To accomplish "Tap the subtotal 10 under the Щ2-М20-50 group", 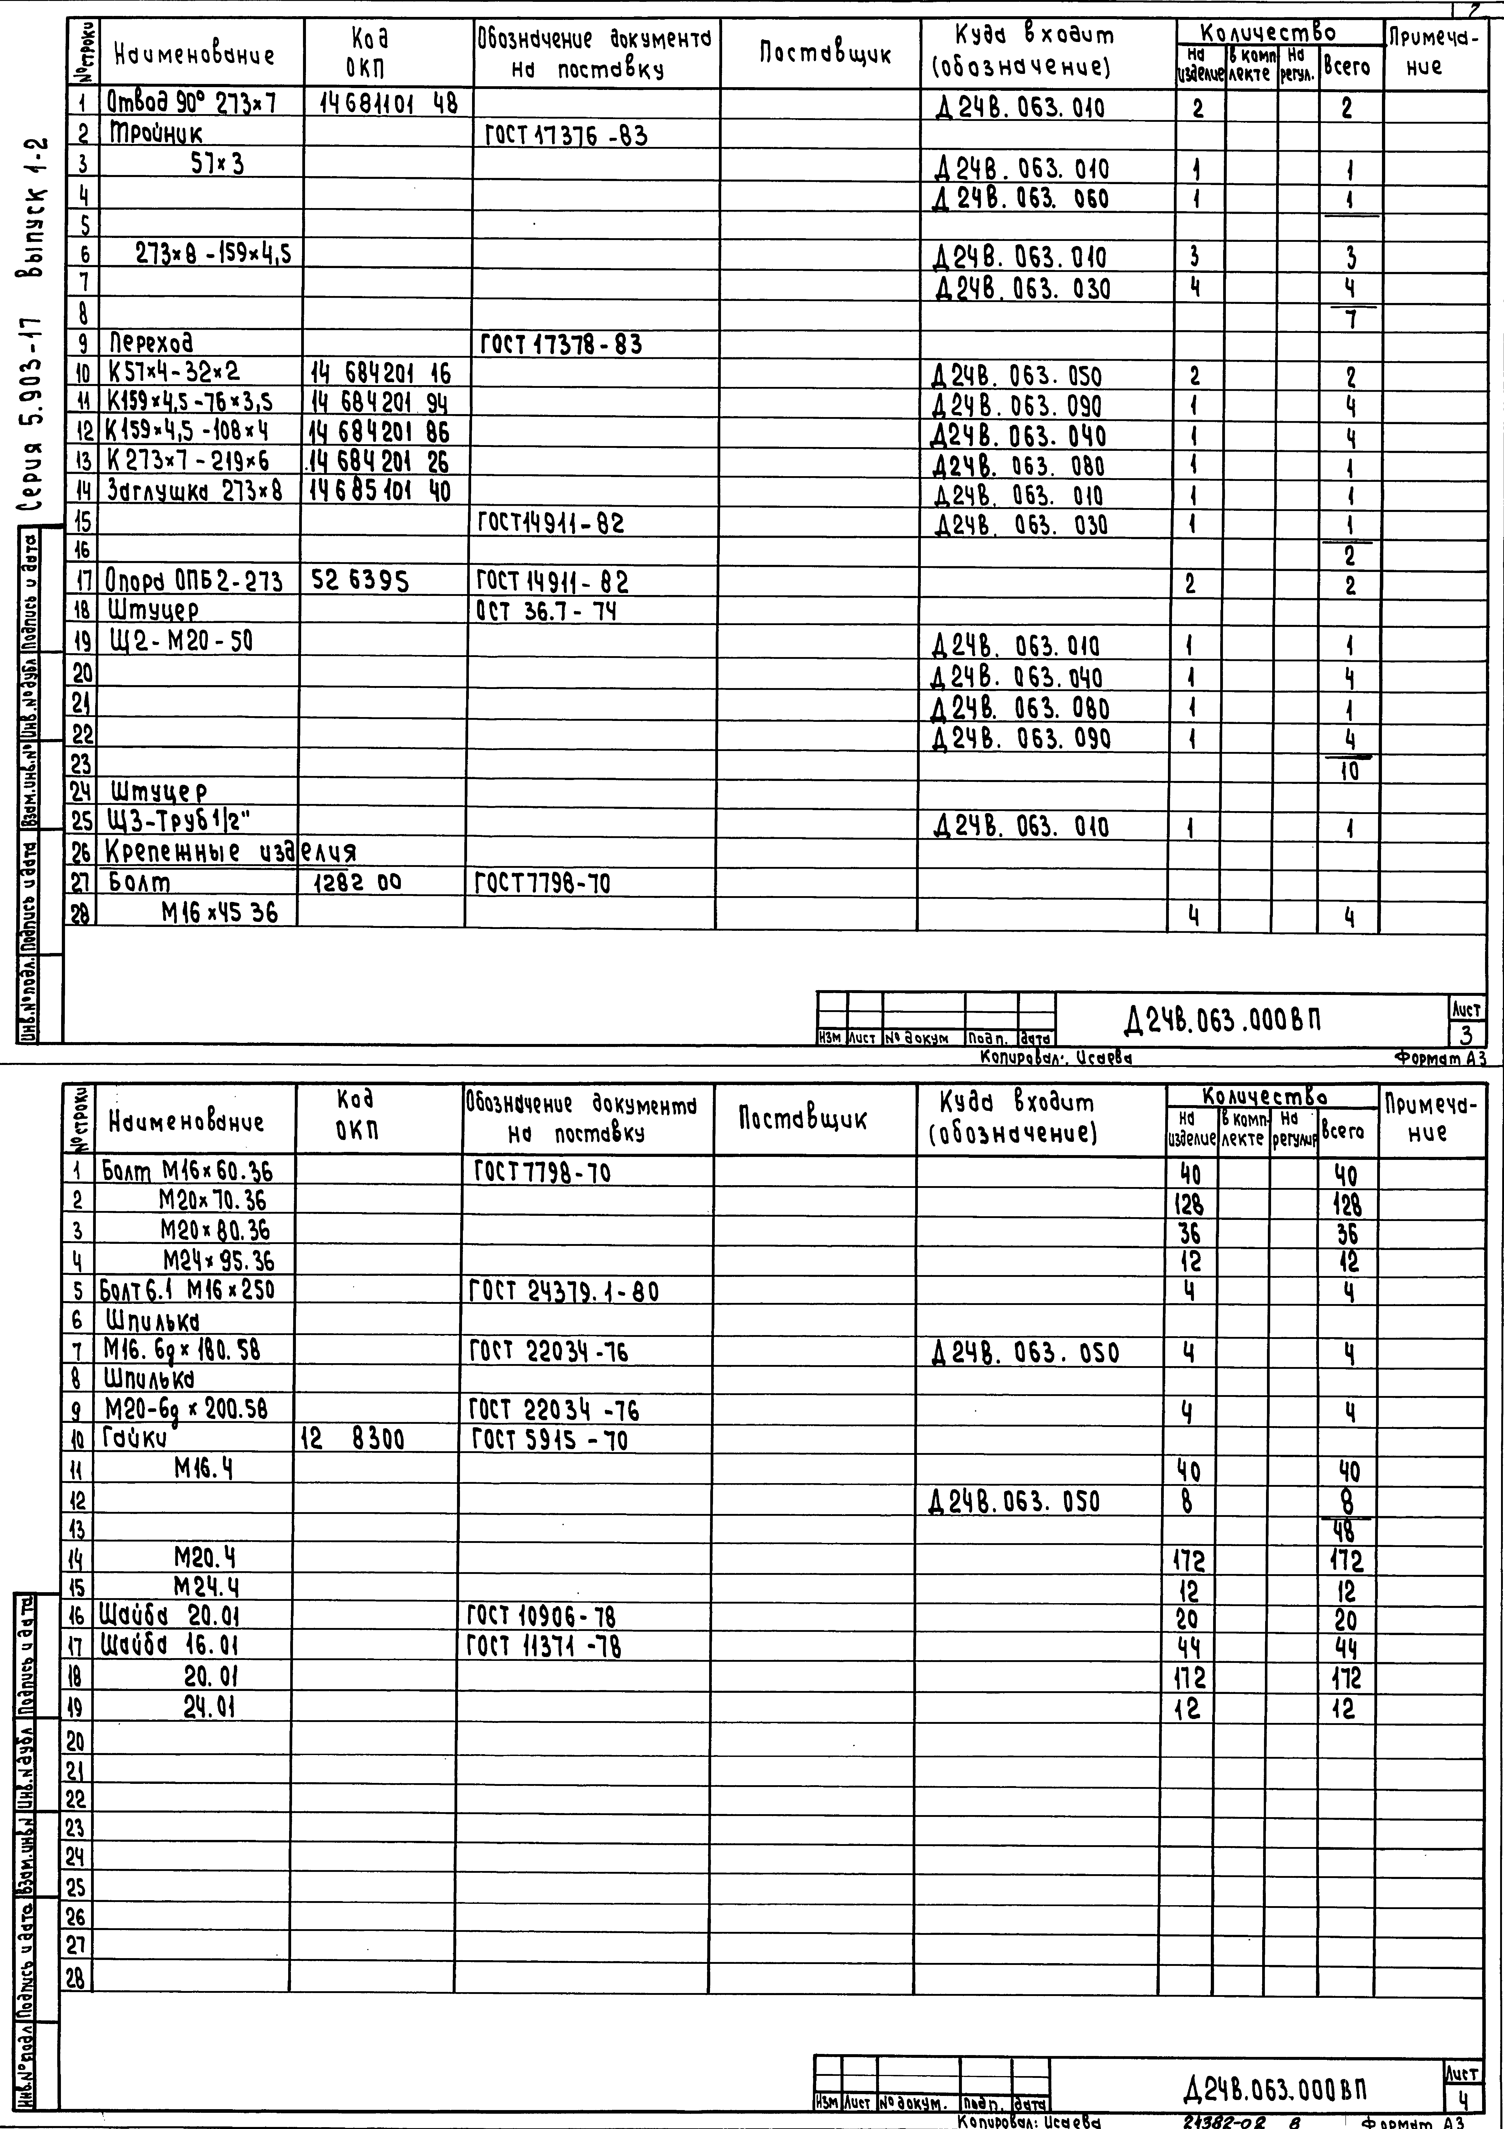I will [x=1350, y=771].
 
